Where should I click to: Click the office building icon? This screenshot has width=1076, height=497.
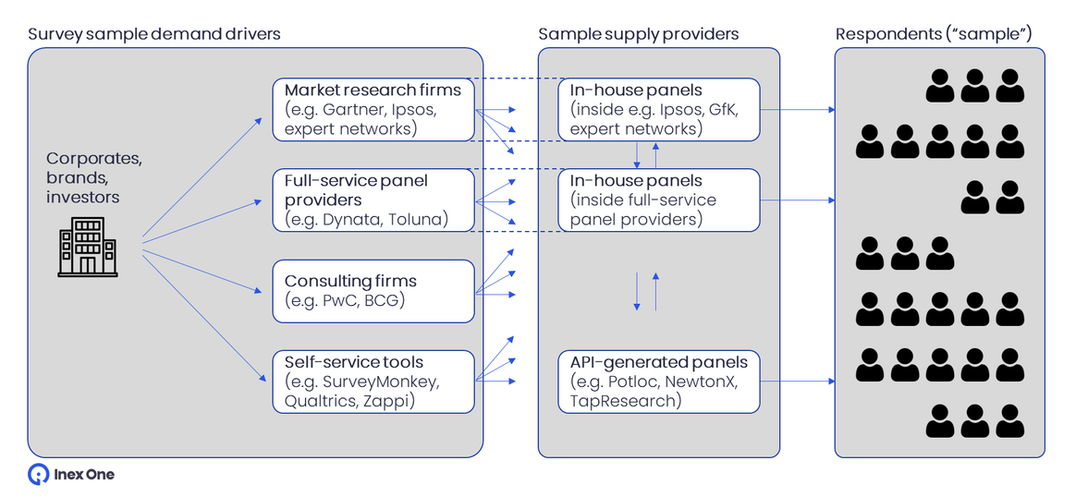[86, 247]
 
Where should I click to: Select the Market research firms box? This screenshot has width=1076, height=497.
[373, 110]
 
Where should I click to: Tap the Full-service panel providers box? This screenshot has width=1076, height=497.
[373, 200]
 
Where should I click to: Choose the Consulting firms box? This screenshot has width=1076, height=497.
[373, 291]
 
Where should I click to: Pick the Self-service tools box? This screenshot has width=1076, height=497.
[373, 381]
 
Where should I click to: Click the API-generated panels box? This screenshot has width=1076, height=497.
[658, 381]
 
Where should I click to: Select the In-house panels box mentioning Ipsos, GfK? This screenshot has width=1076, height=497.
[658, 110]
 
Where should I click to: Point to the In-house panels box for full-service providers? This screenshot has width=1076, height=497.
[658, 200]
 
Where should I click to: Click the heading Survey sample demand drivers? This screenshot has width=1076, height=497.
[154, 34]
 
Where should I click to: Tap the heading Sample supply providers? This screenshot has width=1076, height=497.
[638, 34]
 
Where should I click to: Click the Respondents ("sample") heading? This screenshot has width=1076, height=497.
[934, 34]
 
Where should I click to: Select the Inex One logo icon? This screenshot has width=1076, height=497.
[38, 475]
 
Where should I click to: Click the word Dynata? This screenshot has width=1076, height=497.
[348, 220]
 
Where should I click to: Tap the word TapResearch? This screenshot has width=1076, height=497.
[625, 401]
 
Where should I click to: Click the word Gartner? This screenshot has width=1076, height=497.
[354, 110]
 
